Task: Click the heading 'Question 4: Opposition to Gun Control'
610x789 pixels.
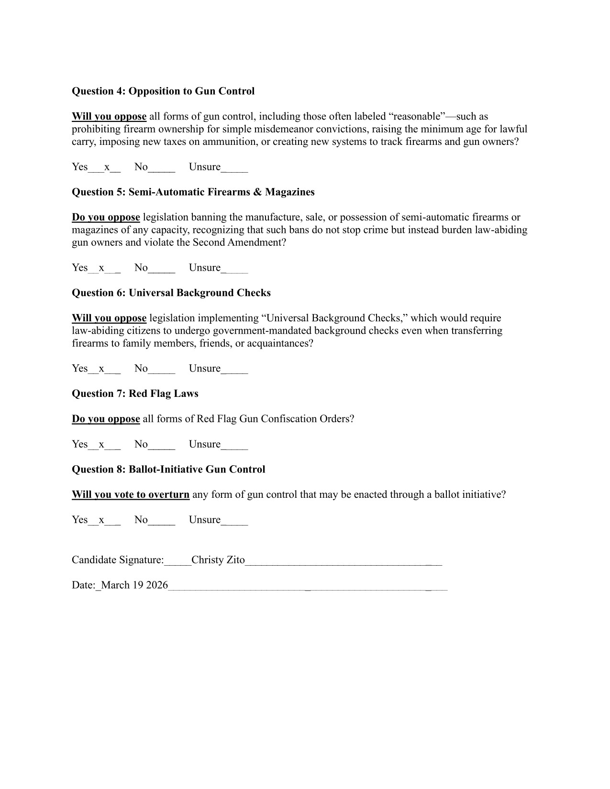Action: coord(163,91)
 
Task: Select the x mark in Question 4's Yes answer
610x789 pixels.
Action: coord(107,167)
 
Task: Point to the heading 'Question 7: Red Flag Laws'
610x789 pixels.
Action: coord(135,394)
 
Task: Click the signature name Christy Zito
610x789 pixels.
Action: coord(218,560)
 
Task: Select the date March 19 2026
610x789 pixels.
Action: coord(134,585)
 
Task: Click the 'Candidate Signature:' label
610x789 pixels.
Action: coord(118,560)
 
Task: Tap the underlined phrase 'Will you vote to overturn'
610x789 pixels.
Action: coord(131,494)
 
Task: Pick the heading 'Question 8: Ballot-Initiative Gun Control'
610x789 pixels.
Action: coord(168,469)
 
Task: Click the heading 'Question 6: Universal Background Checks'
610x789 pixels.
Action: coord(171,293)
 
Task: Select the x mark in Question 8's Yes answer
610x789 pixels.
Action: coord(101,520)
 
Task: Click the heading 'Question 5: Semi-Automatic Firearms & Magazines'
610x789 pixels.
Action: coord(193,192)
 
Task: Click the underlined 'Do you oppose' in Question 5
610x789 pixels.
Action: coord(106,217)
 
